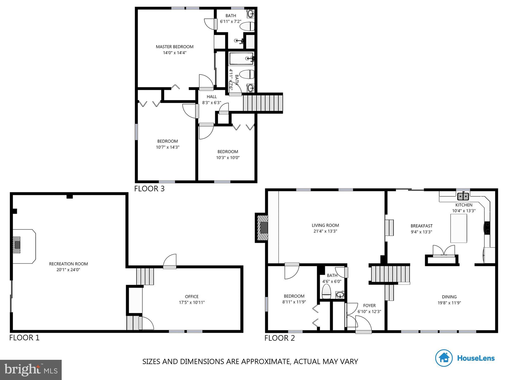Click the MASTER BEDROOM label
coord(174,47)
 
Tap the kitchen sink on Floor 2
coord(463,196)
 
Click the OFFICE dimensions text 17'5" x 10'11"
coord(192,302)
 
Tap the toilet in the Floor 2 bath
coord(326,292)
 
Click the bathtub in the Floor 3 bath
coord(241,59)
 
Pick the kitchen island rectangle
coord(458,228)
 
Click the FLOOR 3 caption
coord(149,189)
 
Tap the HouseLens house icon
coord(444,358)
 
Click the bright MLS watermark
coord(31,370)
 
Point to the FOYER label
coord(369,306)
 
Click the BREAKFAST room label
coord(421,226)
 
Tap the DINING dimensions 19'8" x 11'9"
coord(449,303)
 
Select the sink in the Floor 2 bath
coord(340,295)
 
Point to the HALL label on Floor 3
coord(212,97)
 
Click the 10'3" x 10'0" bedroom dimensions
coord(228,158)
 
